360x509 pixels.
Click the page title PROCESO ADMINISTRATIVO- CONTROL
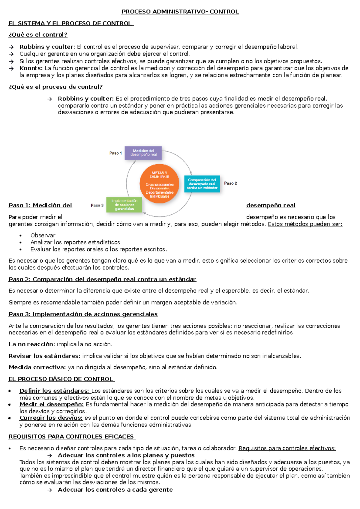point(180,12)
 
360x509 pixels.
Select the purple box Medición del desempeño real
point(143,153)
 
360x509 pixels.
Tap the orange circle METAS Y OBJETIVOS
point(160,184)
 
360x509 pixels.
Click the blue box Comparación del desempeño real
point(202,184)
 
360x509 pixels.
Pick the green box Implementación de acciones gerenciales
point(124,205)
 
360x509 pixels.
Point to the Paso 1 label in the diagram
point(115,153)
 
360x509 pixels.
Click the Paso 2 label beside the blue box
point(230,183)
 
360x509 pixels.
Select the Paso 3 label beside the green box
point(97,205)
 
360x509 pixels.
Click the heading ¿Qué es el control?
point(38,35)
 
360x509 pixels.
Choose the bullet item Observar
point(43,235)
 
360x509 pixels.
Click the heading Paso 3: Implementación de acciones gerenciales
point(83,314)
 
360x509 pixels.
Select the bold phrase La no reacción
point(31,344)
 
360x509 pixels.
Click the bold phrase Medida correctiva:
point(37,367)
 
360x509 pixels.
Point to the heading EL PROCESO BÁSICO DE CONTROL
point(61,379)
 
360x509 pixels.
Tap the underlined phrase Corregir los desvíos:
point(51,418)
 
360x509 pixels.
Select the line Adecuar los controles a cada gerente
point(115,490)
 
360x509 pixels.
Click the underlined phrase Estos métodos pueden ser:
point(305,224)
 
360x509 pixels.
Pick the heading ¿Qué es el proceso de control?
point(56,87)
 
